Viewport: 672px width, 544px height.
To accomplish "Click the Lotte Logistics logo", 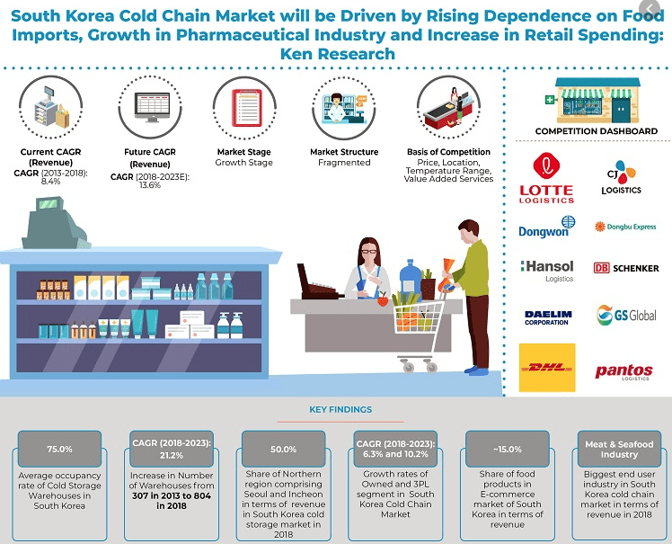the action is coord(546,178).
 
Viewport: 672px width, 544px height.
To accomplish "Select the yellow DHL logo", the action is coord(547,367).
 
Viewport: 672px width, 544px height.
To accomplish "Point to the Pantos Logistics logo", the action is coord(623,371).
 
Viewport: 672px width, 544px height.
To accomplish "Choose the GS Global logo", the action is coord(626,315).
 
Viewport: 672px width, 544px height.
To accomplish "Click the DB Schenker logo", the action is coord(626,268).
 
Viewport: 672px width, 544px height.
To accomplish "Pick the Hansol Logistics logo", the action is coord(547,269).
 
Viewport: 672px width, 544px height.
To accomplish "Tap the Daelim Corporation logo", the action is coord(547,317).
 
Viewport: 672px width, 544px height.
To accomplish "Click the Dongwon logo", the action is coord(547,227).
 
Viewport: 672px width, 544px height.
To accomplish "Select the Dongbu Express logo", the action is coord(626,227).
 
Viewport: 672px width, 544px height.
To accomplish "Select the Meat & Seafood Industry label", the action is coord(619,449).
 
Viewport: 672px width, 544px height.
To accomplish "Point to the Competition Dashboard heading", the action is coord(596,131).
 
